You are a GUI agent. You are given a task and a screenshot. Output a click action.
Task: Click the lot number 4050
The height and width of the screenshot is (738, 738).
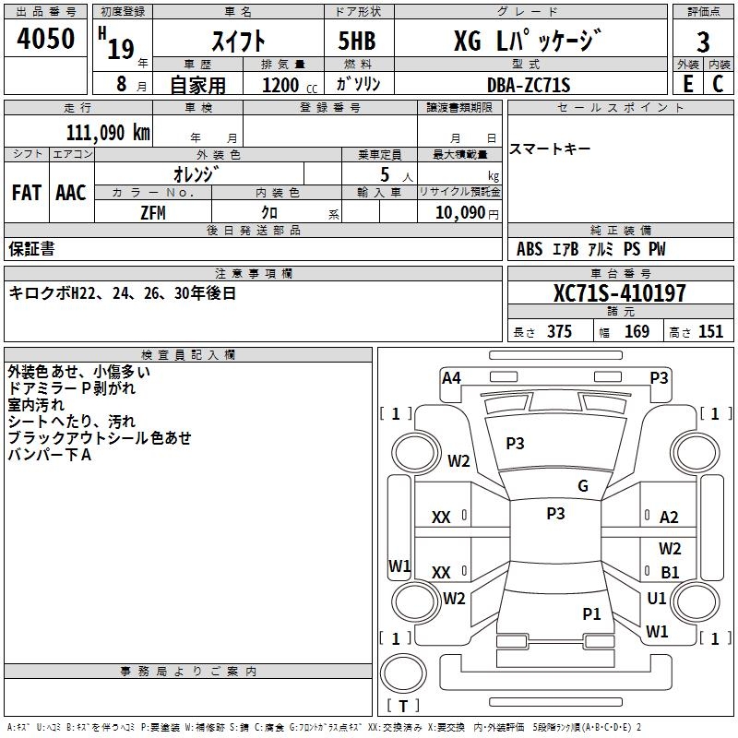tap(46, 39)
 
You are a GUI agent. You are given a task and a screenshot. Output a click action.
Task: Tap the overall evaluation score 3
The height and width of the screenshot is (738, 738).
tap(703, 42)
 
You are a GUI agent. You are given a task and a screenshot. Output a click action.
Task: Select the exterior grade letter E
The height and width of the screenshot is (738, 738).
tap(687, 83)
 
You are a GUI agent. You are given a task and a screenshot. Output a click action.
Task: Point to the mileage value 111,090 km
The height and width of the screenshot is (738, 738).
tap(108, 133)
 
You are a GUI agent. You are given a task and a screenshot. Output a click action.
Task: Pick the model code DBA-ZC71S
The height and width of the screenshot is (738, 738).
tap(529, 85)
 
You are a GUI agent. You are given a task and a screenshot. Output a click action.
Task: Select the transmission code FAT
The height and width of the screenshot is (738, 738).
tap(27, 193)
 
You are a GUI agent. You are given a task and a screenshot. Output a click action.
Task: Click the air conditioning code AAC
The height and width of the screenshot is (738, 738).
tap(71, 193)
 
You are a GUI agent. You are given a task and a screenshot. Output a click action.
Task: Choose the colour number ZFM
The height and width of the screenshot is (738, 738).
tap(153, 212)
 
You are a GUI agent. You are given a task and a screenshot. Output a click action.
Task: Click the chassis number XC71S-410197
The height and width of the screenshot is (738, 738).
tap(619, 294)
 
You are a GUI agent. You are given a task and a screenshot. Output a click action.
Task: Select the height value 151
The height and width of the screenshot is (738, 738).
tap(710, 332)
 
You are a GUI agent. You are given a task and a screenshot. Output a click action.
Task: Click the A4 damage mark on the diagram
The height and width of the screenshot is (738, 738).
tap(451, 377)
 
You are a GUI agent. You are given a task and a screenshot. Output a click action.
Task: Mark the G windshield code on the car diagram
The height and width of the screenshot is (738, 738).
tap(582, 486)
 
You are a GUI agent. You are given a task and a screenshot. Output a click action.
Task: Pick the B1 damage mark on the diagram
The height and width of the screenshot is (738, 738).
tap(670, 573)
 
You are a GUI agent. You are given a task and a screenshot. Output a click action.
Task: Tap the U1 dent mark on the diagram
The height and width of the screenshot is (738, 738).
tap(657, 599)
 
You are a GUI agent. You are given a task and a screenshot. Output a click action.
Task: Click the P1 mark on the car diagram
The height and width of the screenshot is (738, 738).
tap(591, 613)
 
